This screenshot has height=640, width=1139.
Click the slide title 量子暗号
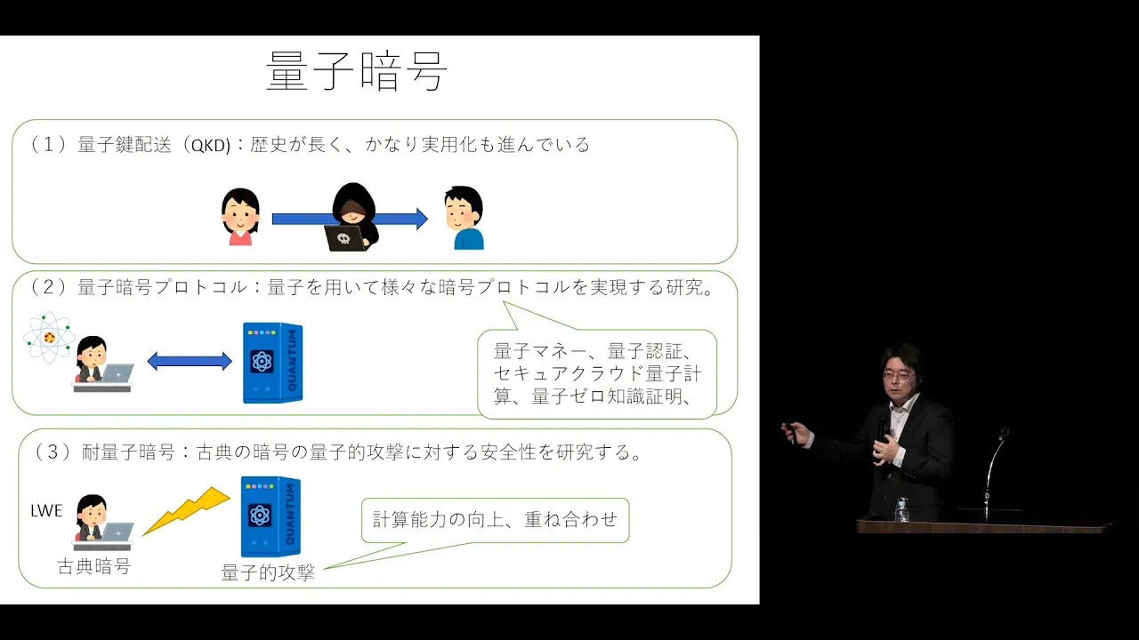point(357,70)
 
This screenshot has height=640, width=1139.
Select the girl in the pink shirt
point(240,217)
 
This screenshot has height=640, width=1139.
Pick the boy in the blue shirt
point(464,218)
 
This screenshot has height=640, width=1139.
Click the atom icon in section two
point(49,337)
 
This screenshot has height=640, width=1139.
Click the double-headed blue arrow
point(190,361)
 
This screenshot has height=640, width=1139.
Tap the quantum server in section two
point(273,363)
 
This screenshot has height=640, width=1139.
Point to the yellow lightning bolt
point(186,511)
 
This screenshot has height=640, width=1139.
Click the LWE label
point(46,510)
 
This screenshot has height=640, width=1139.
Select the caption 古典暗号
point(94,566)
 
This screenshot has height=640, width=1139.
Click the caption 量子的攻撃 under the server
point(268,572)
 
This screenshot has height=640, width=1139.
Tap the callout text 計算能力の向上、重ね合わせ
point(495,520)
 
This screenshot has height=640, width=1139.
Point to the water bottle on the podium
point(901,509)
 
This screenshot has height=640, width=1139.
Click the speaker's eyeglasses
point(899,376)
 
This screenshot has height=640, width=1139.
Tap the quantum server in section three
point(271,516)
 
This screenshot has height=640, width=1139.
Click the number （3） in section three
point(53,452)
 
